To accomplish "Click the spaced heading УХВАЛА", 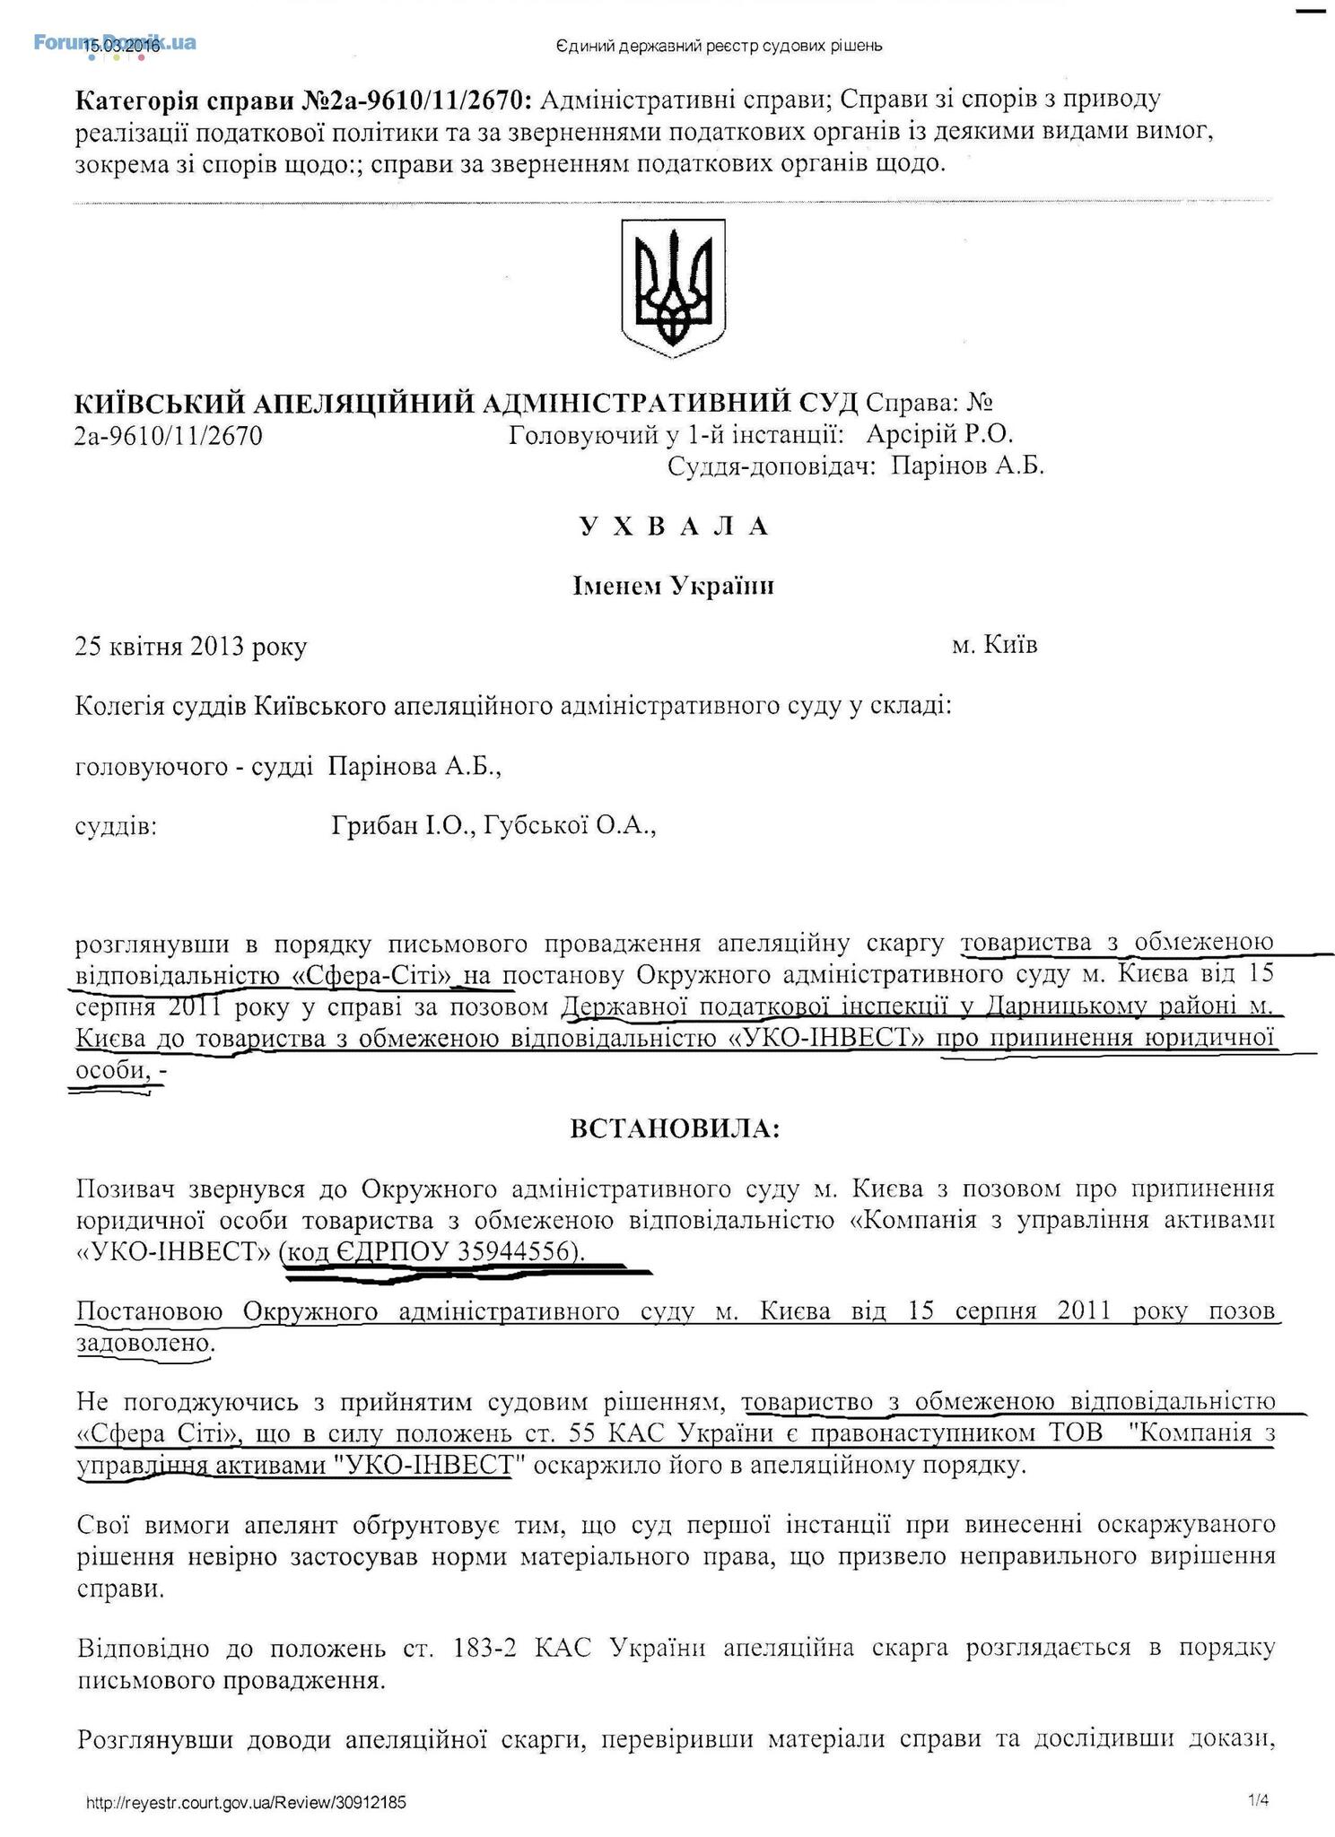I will pos(673,527).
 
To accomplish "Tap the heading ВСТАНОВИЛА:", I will pos(675,1129).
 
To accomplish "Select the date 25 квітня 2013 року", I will pos(191,647).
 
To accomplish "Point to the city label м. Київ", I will pos(994,645).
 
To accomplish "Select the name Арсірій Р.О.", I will pos(939,435).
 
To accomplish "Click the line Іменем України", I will pos(673,587).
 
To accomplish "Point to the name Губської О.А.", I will pos(570,826).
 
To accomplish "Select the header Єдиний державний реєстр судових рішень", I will pos(720,46).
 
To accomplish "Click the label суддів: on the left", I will pos(117,826).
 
